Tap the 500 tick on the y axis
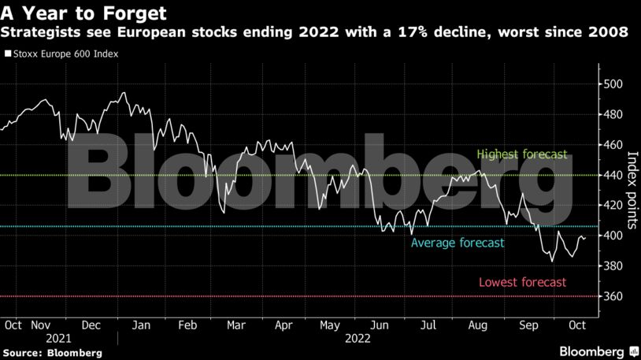click(613, 84)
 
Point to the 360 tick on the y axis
click(613, 296)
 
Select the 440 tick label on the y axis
click(613, 175)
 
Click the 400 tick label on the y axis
click(613, 236)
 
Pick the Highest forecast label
click(521, 154)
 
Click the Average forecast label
click(458, 243)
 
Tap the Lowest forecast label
click(522, 283)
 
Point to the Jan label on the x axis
click(141, 325)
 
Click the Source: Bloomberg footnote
click(51, 353)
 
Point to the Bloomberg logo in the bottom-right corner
click(595, 351)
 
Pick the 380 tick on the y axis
click(613, 266)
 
